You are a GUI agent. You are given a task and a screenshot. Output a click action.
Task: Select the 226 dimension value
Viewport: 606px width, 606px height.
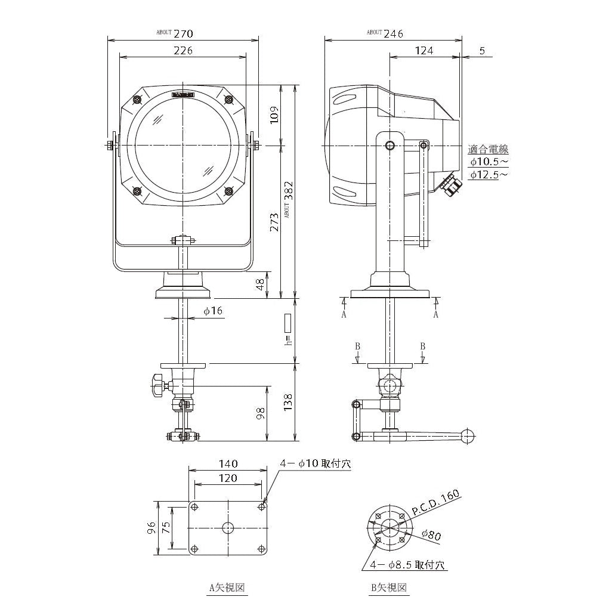tap(183, 51)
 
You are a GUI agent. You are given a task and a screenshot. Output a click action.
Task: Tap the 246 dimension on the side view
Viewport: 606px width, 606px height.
tap(393, 33)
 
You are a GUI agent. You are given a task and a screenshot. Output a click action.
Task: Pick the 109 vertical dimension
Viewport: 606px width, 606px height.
tap(273, 115)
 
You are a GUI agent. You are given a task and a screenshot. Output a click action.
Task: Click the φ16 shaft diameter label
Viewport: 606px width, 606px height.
tap(212, 311)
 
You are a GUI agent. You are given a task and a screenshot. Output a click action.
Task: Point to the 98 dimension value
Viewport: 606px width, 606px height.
tap(260, 414)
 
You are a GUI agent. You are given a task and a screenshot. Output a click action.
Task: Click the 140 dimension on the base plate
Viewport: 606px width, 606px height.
tap(228, 463)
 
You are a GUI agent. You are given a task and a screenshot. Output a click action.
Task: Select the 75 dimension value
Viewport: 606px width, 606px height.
tap(166, 527)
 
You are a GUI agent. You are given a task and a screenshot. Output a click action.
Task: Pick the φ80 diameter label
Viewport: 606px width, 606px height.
tap(431, 535)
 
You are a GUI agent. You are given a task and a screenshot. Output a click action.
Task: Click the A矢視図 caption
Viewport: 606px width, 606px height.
tap(227, 588)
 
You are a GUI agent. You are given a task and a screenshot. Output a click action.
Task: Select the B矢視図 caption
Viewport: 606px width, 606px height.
tap(389, 588)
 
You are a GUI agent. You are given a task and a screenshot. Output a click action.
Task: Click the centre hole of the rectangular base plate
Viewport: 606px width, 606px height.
tap(228, 527)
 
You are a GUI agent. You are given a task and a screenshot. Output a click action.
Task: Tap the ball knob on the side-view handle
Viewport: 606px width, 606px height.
tap(468, 435)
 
